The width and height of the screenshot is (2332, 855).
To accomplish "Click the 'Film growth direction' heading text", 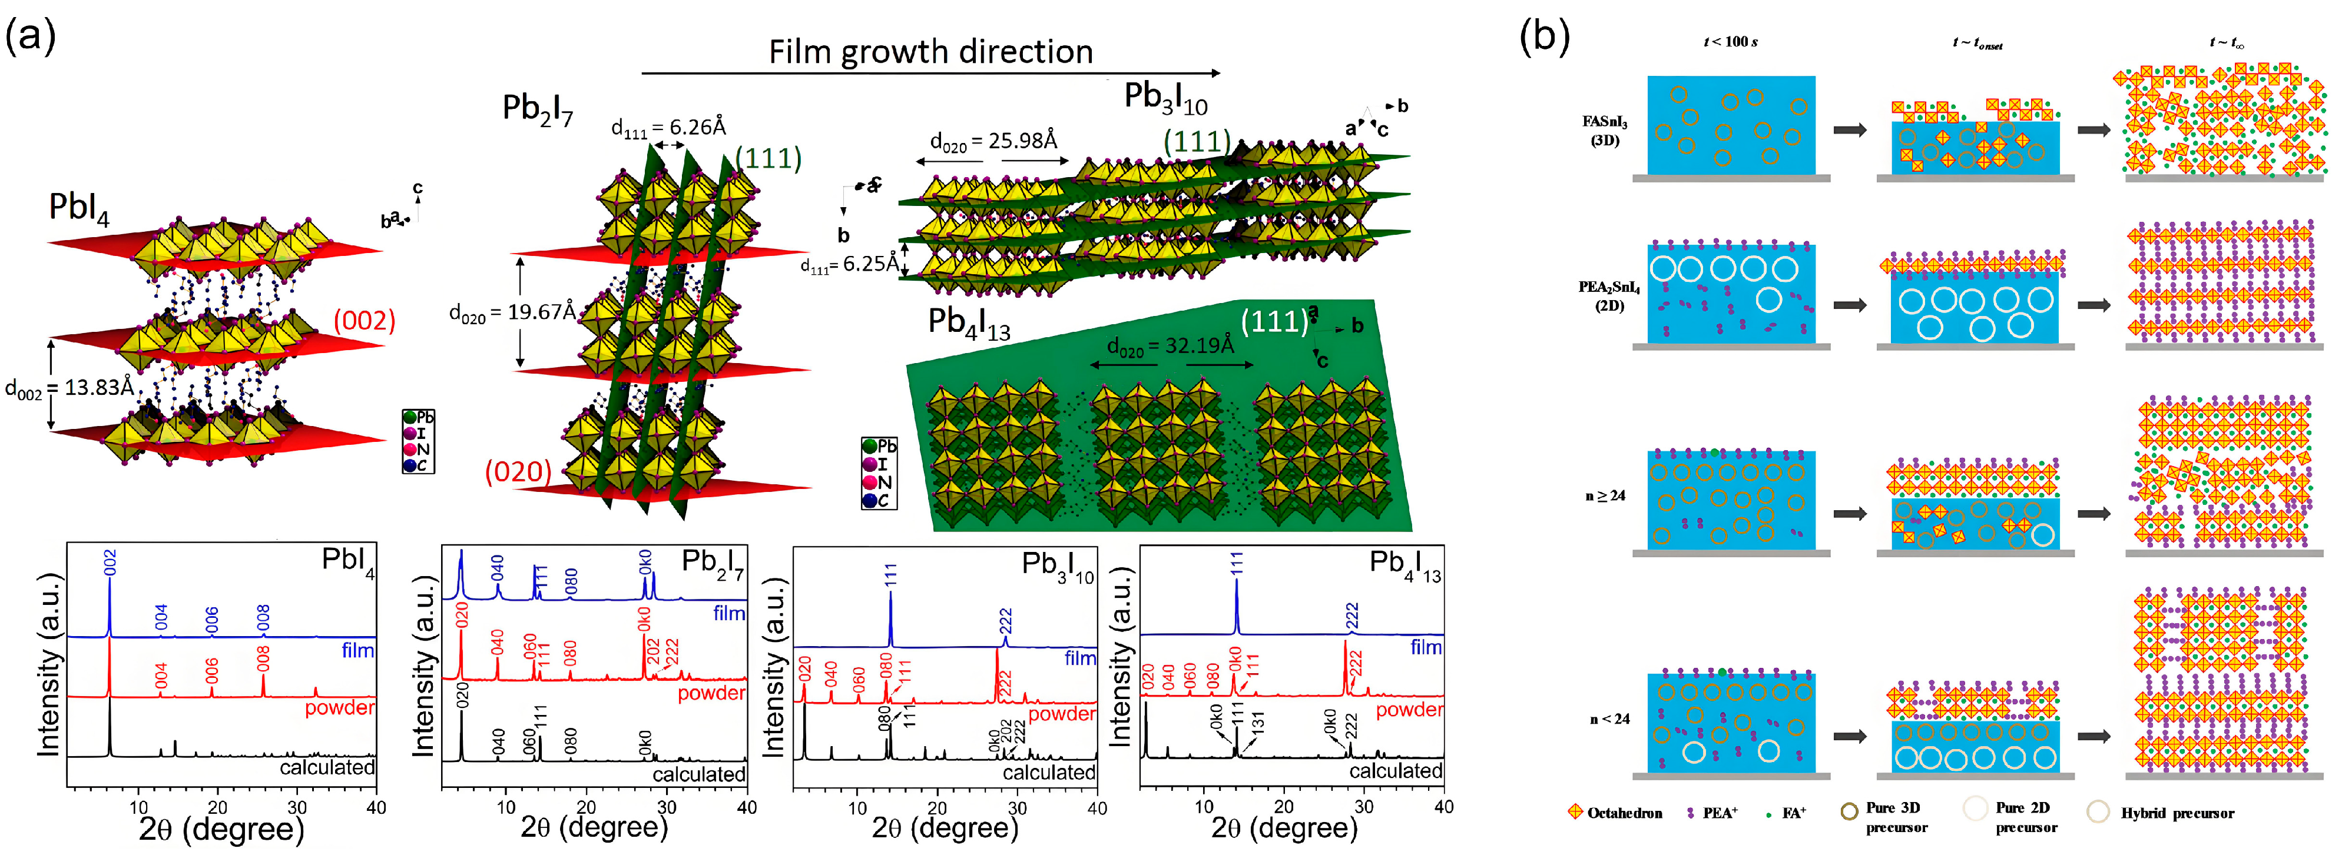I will tap(930, 52).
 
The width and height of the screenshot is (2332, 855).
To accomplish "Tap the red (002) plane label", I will tap(364, 320).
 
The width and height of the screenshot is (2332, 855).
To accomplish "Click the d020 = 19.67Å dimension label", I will tap(512, 312).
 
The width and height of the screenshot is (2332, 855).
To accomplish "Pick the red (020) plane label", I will tap(518, 471).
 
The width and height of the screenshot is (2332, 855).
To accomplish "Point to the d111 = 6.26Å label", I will tap(668, 128).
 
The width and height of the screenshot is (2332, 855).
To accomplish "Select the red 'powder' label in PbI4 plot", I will tap(339, 707).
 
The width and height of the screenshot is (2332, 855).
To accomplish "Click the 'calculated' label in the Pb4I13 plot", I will tap(1395, 771).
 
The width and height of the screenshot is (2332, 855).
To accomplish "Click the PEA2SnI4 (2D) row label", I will tap(1609, 296).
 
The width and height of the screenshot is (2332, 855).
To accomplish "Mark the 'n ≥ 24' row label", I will tap(1605, 496).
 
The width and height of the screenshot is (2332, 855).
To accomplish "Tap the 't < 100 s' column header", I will tap(1730, 42).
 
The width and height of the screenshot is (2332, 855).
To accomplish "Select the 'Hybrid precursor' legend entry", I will tap(2177, 813).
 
